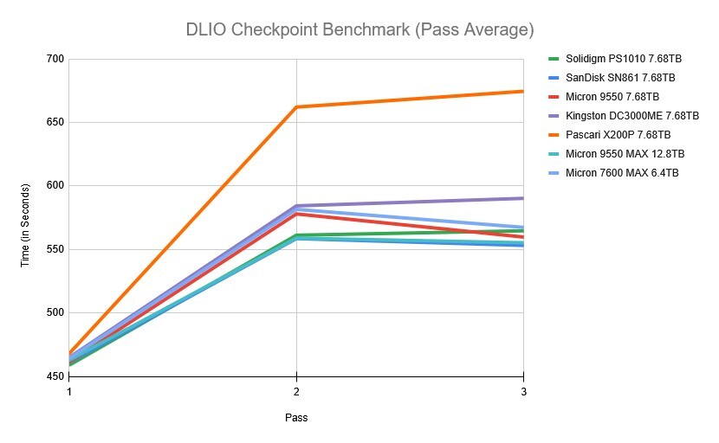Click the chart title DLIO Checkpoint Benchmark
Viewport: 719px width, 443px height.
359,29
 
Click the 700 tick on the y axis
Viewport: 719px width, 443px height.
55,59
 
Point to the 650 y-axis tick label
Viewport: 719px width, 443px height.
55,122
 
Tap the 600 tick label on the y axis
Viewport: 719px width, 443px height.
55,186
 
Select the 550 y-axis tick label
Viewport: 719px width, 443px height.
55,249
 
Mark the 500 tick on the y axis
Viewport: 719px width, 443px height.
55,312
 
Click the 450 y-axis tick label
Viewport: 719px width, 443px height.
55,376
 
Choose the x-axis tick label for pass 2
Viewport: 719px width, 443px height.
296,391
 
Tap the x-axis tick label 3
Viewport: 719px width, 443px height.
522,391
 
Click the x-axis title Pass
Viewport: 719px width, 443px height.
296,418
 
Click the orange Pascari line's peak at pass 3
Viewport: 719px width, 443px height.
522,91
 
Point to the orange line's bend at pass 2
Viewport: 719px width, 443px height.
296,107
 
